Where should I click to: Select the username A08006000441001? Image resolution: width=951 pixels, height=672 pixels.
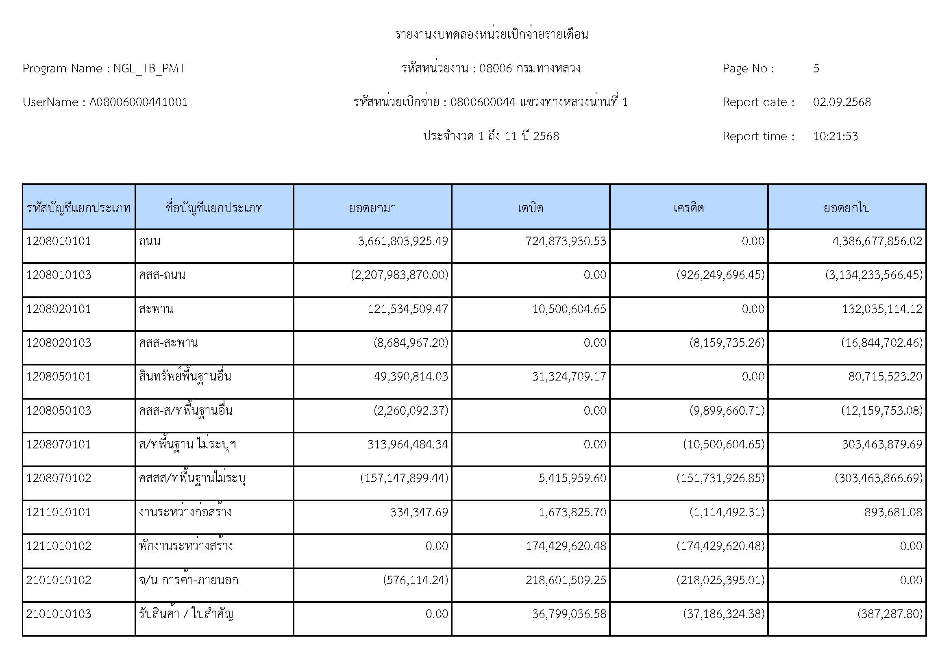click(138, 102)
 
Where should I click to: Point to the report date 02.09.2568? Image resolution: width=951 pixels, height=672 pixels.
click(842, 102)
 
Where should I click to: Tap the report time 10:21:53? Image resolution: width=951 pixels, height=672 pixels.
click(835, 136)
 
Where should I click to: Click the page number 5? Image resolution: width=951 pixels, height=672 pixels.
click(816, 68)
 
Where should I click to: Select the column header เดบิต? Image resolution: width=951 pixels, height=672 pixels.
click(530, 207)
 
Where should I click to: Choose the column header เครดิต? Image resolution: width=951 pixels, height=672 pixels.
click(688, 207)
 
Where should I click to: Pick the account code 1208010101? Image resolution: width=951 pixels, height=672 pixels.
click(59, 241)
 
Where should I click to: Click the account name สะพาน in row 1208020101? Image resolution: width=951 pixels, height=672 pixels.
click(156, 309)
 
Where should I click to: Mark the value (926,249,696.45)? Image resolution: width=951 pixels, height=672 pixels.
click(720, 275)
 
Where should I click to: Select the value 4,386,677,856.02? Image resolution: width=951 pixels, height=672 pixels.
click(877, 241)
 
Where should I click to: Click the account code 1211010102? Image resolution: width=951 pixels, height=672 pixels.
click(59, 546)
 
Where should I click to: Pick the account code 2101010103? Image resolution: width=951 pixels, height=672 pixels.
click(59, 613)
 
